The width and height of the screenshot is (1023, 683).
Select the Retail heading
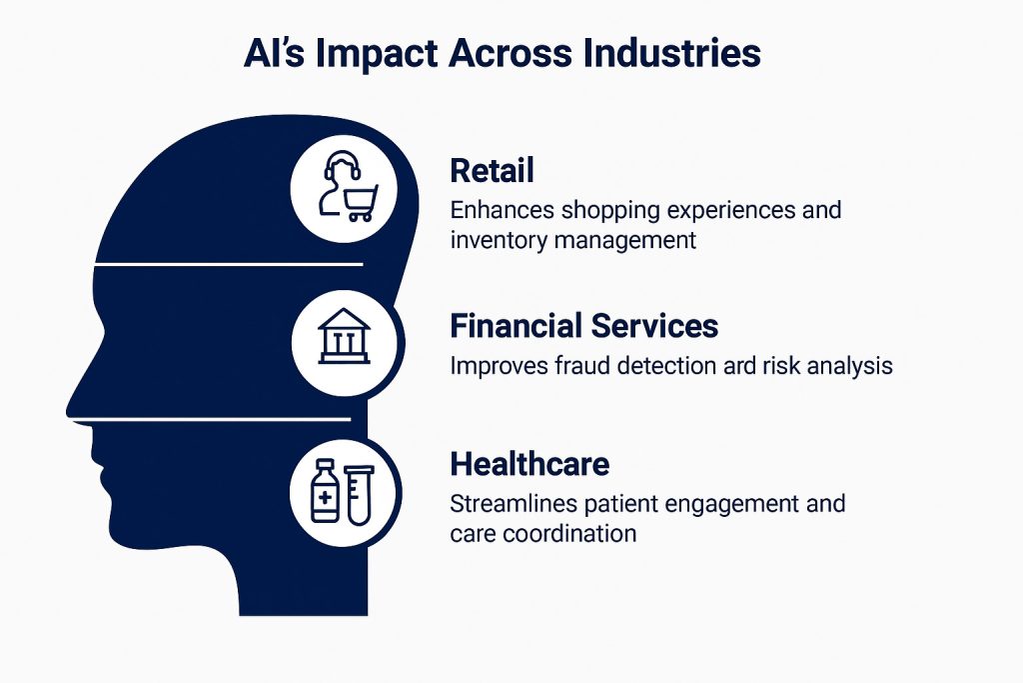(x=492, y=170)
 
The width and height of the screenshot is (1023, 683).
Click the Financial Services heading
(x=583, y=326)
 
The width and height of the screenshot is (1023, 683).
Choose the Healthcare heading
(x=529, y=464)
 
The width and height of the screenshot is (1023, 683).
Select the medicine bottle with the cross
(x=324, y=491)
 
